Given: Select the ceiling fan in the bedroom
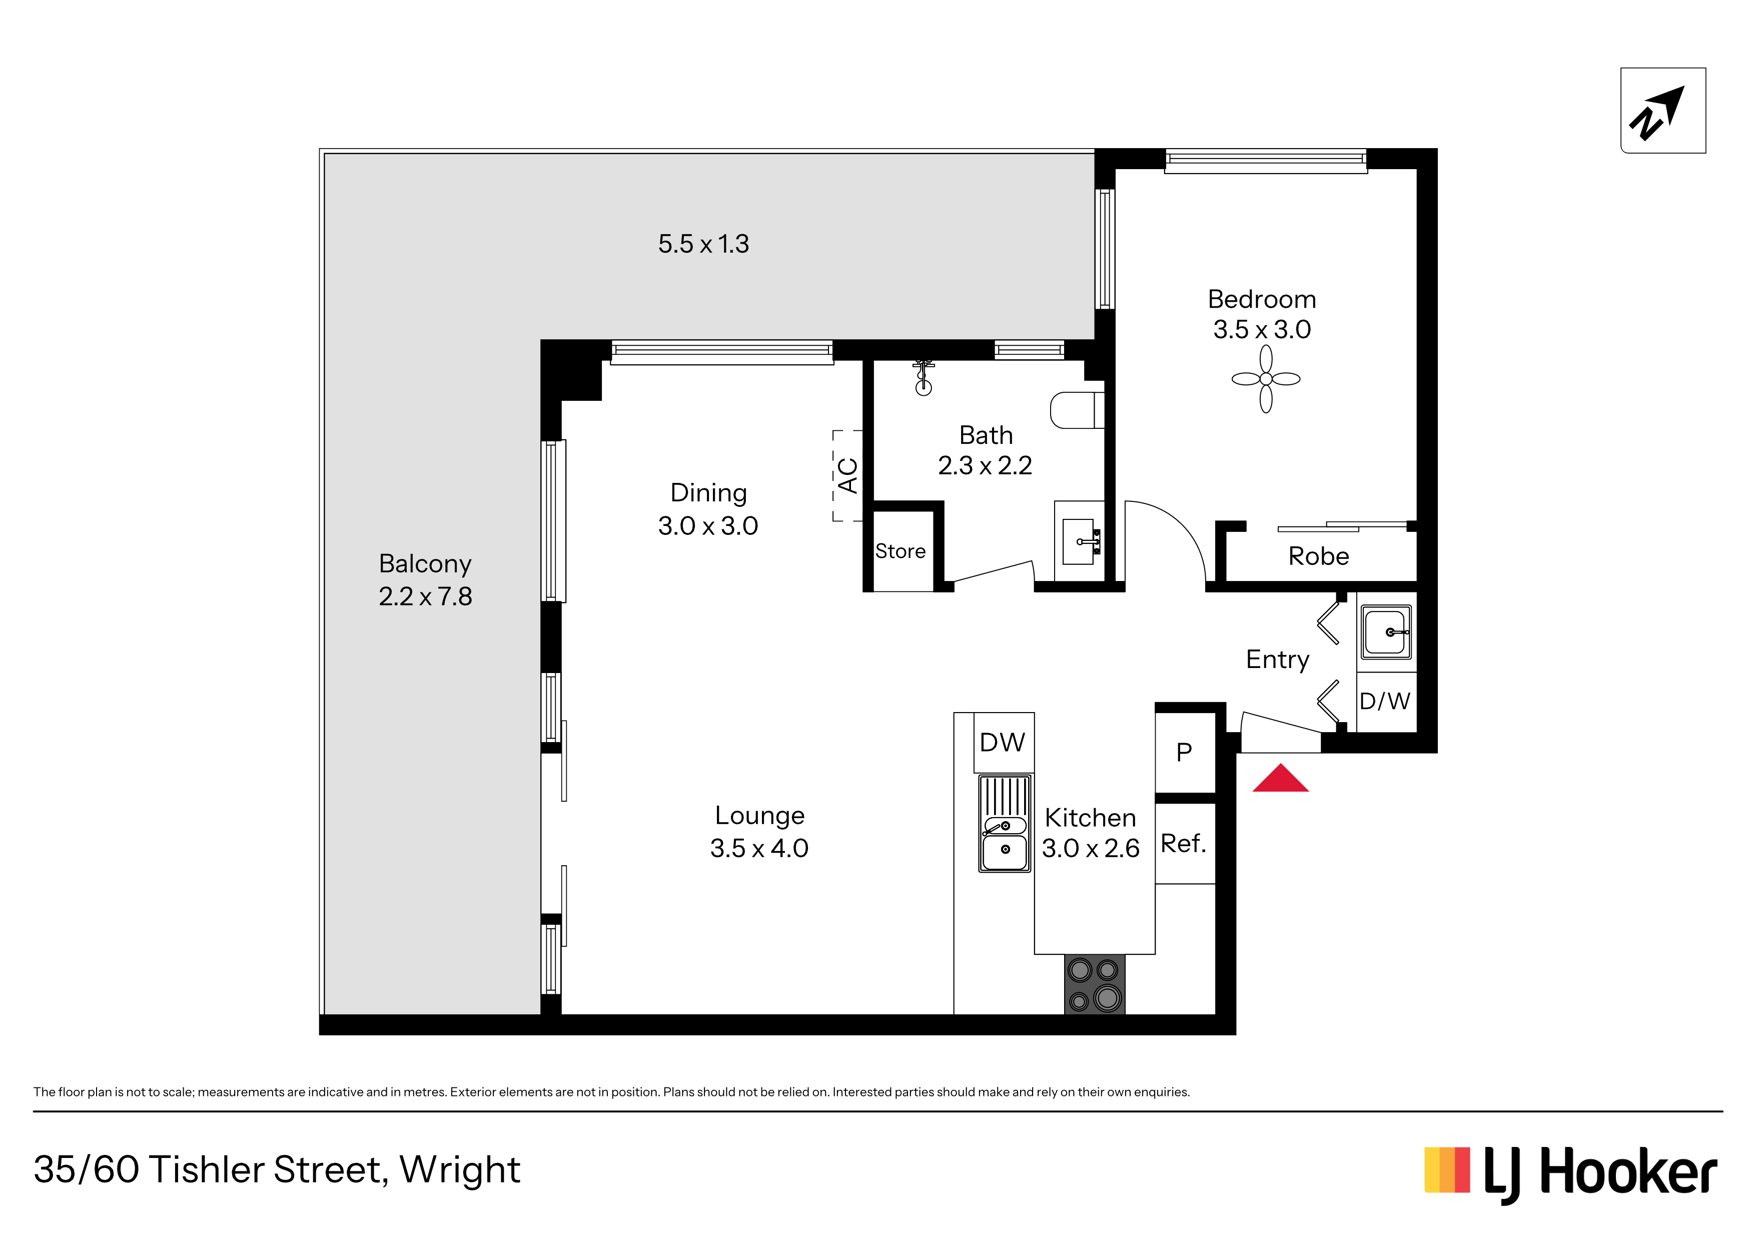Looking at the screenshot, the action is coord(1266,378).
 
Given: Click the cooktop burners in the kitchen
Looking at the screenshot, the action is coord(1095,984).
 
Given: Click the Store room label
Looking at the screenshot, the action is coord(901,551).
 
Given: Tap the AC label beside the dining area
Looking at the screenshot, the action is coord(847,475).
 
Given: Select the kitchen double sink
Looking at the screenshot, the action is coord(1005,824).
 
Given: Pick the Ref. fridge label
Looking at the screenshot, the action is coord(1183,843).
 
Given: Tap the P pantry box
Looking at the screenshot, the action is coord(1185,753).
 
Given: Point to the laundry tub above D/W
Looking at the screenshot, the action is coord(1385,633).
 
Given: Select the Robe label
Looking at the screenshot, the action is coord(1319,556).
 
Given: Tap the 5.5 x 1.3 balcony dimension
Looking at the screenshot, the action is coord(703,244).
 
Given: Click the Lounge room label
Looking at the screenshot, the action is coord(760,816).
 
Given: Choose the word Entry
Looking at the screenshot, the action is coord(1277,659).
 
